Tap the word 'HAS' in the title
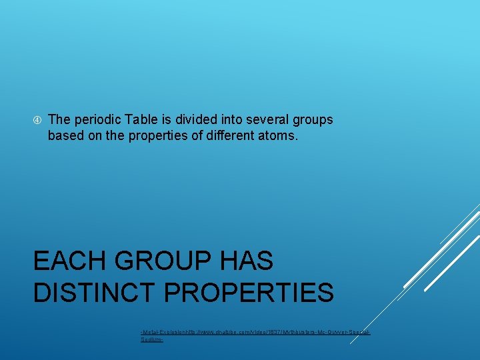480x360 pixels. click(x=249, y=261)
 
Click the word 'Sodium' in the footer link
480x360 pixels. click(x=151, y=339)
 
